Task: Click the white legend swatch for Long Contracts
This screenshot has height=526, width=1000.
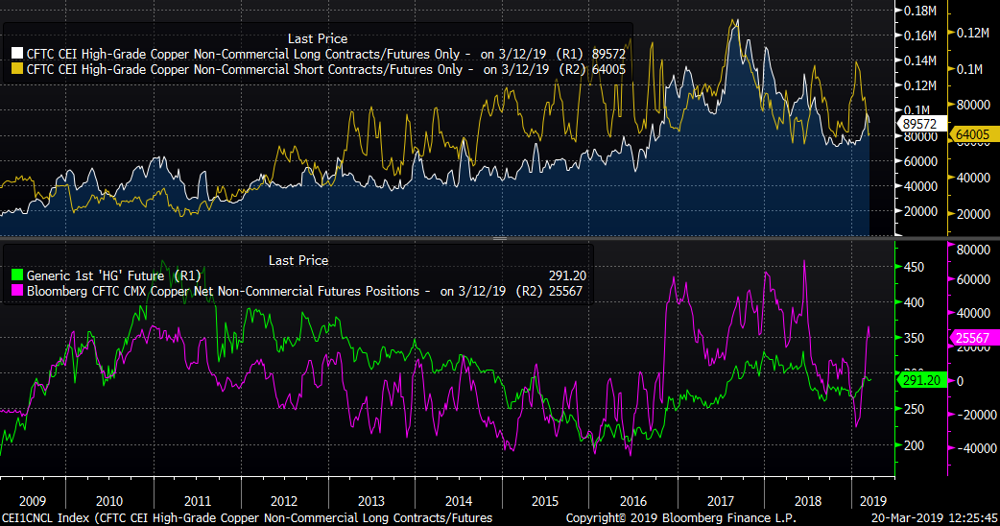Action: [17, 55]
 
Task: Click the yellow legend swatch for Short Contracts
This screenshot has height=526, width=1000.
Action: [17, 69]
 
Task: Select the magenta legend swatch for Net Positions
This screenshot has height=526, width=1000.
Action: [17, 291]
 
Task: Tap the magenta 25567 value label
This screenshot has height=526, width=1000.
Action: [973, 337]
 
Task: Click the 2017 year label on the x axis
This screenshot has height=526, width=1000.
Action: [720, 500]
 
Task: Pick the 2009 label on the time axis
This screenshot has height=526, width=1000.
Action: [33, 500]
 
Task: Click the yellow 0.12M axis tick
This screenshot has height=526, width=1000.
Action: [974, 33]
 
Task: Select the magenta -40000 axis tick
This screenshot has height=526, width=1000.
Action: [973, 448]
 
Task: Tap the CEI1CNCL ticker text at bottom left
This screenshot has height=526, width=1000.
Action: [28, 518]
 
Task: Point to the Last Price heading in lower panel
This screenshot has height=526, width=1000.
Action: [298, 260]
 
